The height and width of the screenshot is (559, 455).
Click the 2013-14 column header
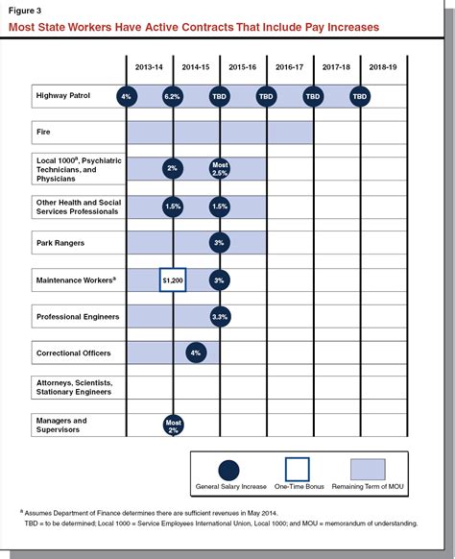coord(149,67)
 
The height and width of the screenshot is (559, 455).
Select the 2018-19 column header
coord(383,67)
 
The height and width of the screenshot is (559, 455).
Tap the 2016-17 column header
coord(290,67)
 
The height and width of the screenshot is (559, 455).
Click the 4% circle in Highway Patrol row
coord(126,96)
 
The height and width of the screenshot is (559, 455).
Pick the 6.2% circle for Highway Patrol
coord(173,96)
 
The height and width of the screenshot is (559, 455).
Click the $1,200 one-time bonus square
coord(173,280)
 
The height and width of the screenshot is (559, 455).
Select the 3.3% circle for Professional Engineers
coord(219,316)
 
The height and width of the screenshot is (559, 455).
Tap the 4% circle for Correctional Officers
coord(196,353)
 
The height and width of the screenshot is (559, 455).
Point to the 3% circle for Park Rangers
coord(219,243)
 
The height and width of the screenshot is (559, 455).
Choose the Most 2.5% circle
coord(219,169)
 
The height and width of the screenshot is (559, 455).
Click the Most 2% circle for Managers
coord(173,425)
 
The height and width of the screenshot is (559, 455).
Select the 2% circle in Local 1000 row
coord(173,169)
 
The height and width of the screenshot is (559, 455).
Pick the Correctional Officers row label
coord(73,353)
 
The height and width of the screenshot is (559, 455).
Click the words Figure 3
coord(24,10)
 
